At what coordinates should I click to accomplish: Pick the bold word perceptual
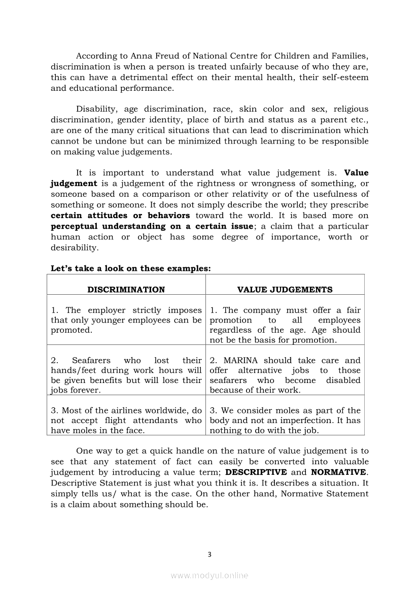point(74,226)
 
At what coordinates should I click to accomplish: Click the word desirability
point(74,248)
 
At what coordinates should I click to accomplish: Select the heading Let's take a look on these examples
point(130,268)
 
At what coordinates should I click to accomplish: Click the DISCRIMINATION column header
point(126,290)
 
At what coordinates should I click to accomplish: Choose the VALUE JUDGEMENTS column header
point(285,290)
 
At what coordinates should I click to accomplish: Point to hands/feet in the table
point(73,370)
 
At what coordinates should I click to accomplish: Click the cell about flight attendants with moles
point(126,420)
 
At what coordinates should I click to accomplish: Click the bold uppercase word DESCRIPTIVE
point(256,472)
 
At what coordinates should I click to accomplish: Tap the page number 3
point(209,554)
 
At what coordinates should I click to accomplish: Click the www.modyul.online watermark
point(209,575)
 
